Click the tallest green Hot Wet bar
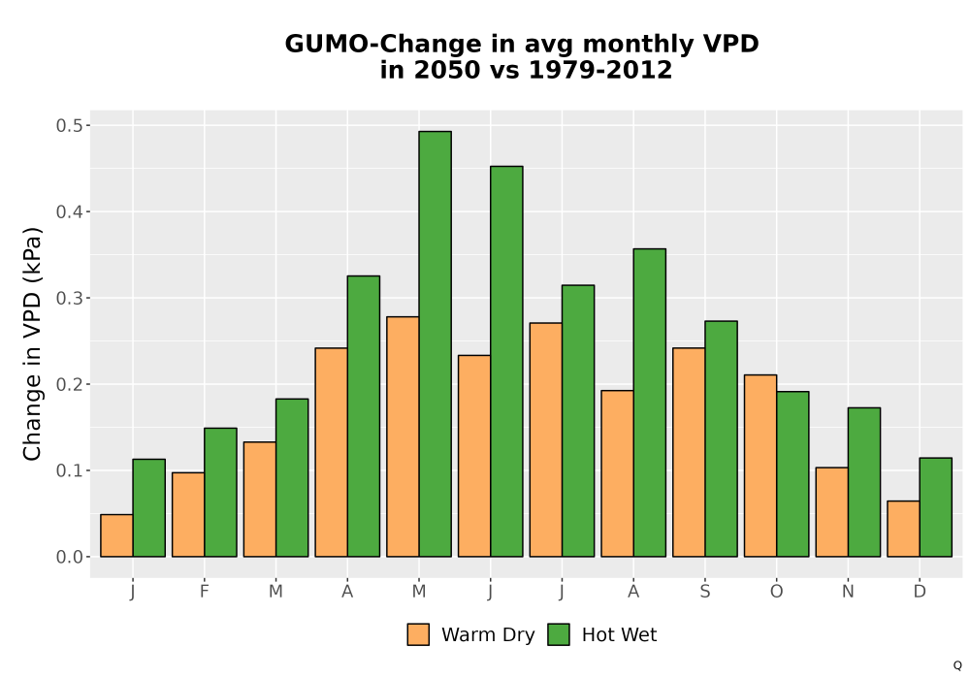tap(435, 343)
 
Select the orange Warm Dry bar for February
tap(188, 514)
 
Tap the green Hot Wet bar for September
tap(722, 438)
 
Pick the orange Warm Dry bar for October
tap(760, 466)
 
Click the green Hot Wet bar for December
tap(935, 507)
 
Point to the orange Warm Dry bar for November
tap(832, 512)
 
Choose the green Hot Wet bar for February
tap(221, 492)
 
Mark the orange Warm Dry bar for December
tap(903, 529)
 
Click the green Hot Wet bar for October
tap(793, 473)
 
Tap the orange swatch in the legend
tap(418, 634)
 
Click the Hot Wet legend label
tap(619, 634)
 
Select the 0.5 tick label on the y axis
tap(69, 125)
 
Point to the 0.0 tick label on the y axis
tap(69, 557)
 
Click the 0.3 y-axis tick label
tap(69, 298)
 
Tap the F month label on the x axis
tap(204, 592)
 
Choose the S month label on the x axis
tap(704, 592)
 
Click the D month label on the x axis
tap(920, 592)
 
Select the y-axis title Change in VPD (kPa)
tap(32, 343)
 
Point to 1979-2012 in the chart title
tap(600, 70)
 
